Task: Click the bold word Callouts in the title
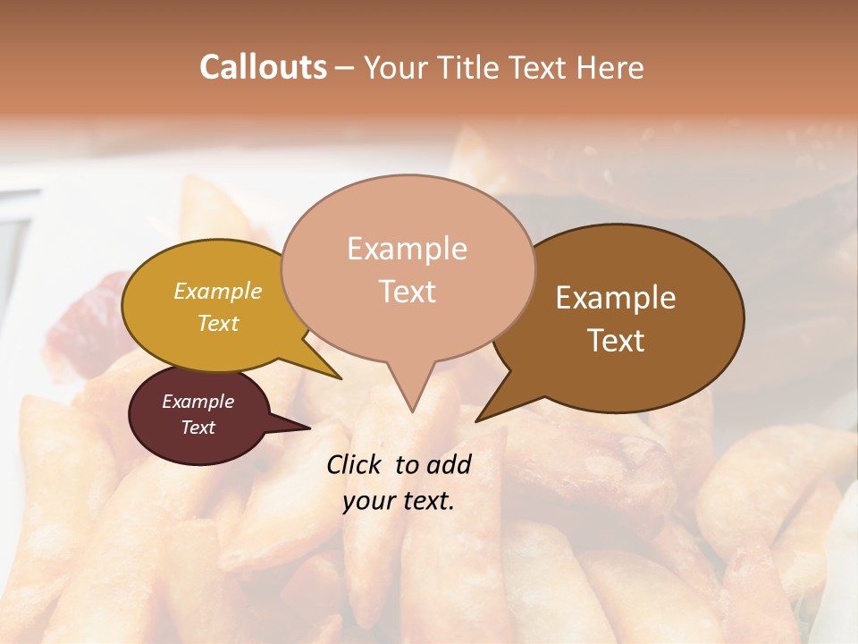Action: (x=263, y=67)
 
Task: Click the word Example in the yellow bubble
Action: (x=218, y=292)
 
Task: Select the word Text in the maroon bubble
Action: (x=198, y=428)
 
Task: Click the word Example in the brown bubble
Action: (x=616, y=298)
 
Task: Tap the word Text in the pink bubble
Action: (x=408, y=292)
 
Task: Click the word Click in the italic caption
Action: (x=355, y=464)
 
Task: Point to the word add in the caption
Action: (x=449, y=464)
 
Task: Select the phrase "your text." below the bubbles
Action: (x=399, y=502)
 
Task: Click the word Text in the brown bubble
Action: (x=617, y=341)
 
